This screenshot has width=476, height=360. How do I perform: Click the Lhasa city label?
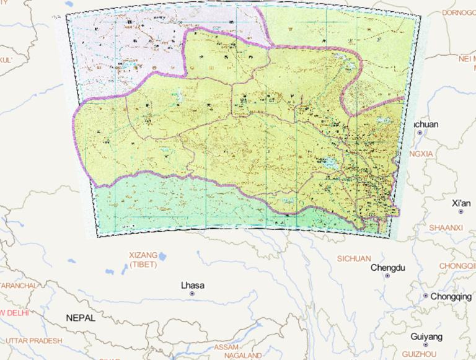[x=192, y=286]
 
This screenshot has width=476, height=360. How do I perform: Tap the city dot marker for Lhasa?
[x=192, y=294]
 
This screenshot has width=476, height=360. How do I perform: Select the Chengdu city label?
[x=387, y=268]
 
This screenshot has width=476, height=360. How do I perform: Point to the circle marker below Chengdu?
[x=387, y=276]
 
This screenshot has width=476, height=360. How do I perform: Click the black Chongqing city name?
[x=451, y=296]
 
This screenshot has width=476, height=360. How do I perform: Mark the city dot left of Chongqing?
[x=426, y=296]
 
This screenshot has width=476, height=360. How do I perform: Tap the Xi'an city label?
[x=461, y=203]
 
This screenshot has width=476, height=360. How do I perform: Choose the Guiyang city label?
[x=426, y=337]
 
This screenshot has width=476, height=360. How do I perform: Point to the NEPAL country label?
[x=81, y=318]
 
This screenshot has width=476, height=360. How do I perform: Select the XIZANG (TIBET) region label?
[x=143, y=260]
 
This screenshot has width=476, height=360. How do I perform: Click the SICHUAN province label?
[x=353, y=258]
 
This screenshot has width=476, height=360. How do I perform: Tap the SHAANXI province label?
[x=446, y=228]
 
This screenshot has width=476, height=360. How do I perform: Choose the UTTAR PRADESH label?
[x=34, y=341]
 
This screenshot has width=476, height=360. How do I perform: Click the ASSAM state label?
[x=226, y=348]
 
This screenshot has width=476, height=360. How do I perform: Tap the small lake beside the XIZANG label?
[x=162, y=255]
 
